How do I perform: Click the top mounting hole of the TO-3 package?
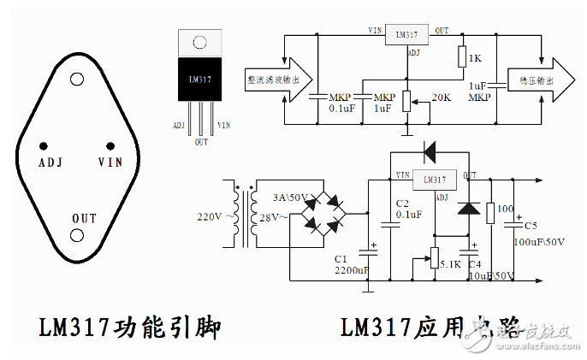(x=77, y=80)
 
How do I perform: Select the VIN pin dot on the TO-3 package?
(x=110, y=145)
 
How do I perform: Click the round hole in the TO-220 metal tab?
(x=199, y=42)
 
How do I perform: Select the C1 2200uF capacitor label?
(x=351, y=264)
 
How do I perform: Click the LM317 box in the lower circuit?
(x=435, y=180)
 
